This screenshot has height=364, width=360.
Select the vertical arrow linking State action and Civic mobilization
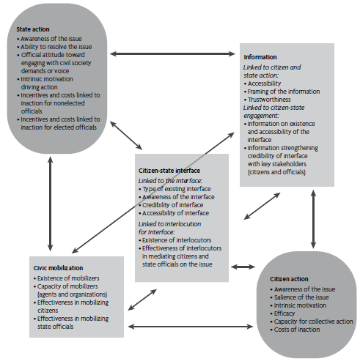(49, 204)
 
